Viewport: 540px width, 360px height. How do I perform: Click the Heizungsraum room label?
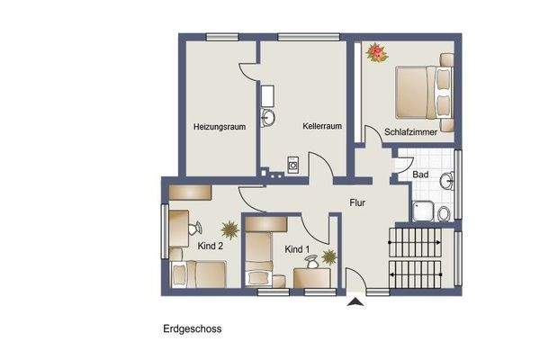pos(220,127)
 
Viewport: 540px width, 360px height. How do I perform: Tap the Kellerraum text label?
pos(322,127)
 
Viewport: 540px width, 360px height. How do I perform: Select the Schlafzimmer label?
pos(410,132)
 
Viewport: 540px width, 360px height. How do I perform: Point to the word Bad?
pos(419,174)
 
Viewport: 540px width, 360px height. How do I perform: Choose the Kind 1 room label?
pos(297,248)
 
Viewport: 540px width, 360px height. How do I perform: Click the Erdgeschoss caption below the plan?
pos(192,329)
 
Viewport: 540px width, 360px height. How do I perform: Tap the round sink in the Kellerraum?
pos(268,117)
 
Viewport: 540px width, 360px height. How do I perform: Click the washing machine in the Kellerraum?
pos(293,166)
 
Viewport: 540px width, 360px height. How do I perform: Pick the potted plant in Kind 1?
pos(328,257)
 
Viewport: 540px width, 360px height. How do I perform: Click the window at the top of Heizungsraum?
pos(220,37)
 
